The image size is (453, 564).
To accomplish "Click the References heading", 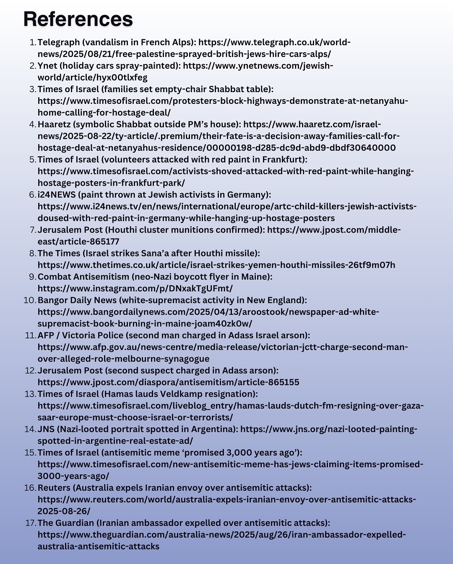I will pos(78,19).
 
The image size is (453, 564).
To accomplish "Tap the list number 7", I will pos(33,230).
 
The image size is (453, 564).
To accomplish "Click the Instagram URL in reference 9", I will pos(135,289).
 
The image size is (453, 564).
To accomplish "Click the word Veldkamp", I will pos(192,394).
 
